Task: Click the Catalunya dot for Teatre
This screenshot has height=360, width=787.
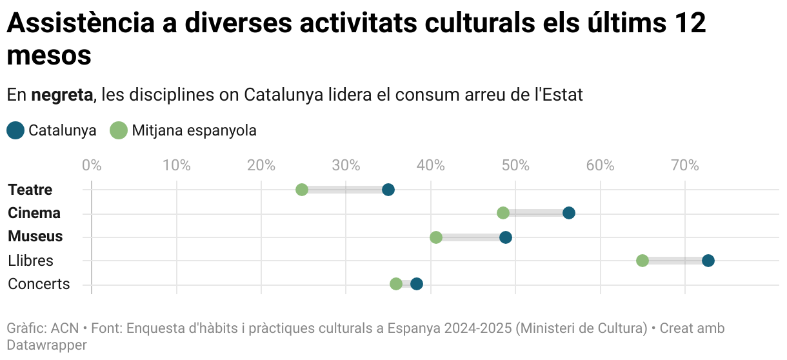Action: coord(388,190)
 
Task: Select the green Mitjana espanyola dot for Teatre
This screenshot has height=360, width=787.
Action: coord(302,190)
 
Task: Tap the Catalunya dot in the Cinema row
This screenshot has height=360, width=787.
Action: coord(568,213)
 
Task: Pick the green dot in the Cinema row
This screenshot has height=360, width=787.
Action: coord(503,213)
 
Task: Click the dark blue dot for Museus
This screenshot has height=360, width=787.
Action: coord(506,237)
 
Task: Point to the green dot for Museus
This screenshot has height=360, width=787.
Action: coord(436,237)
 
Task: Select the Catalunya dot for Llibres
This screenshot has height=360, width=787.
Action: coord(708,261)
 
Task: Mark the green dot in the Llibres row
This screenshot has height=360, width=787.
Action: coord(643,261)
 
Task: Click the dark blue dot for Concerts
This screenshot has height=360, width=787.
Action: coord(417,284)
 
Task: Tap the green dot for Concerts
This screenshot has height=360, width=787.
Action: coord(396,284)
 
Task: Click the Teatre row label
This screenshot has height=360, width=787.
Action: coord(30,190)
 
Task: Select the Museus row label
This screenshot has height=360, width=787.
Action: coord(35,236)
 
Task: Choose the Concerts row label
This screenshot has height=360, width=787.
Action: coord(39,284)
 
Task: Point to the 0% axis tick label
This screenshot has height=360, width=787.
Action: coord(92,165)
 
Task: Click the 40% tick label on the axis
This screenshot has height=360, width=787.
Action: coord(431,165)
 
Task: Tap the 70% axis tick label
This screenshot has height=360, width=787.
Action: coord(685,165)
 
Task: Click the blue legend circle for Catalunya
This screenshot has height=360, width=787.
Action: coord(15,130)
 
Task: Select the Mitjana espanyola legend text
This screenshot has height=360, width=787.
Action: coord(194,130)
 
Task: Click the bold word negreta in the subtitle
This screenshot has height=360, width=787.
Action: coord(63,95)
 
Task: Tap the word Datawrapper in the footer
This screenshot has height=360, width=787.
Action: coord(46,345)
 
